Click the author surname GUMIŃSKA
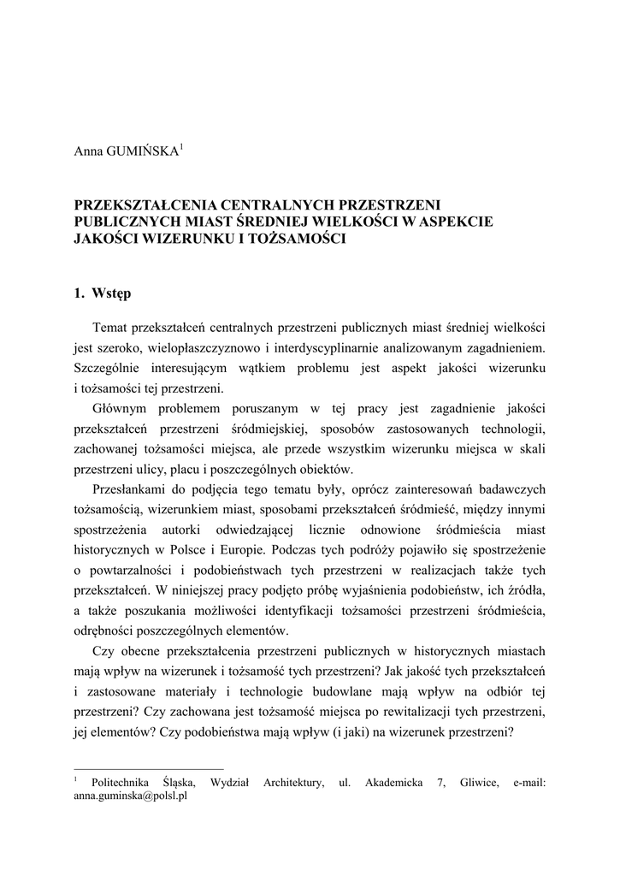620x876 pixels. point(142,152)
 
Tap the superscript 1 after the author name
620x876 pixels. point(182,147)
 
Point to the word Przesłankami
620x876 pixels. point(131,488)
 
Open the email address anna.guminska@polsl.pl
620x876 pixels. point(131,795)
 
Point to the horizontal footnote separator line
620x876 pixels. point(149,768)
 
